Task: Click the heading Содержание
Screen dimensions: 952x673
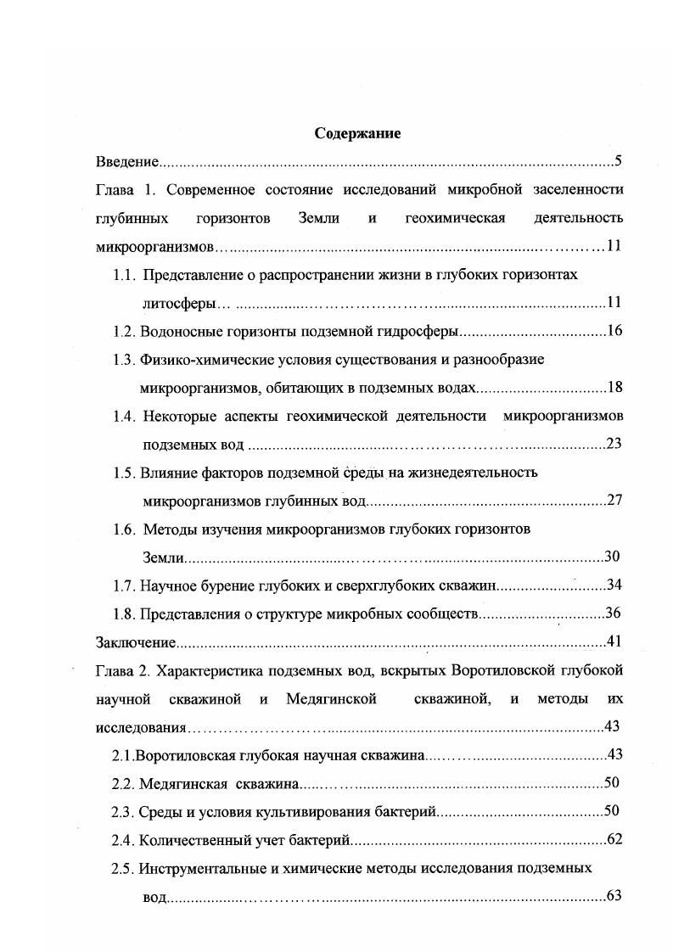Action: pyautogui.click(x=357, y=133)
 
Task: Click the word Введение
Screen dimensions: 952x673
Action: pyautogui.click(x=126, y=161)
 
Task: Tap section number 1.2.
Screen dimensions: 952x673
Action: pyautogui.click(x=124, y=331)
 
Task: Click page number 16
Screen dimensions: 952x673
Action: pyautogui.click(x=615, y=331)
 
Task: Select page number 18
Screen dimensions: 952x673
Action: pyautogui.click(x=615, y=388)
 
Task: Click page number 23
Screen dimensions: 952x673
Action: pyautogui.click(x=615, y=444)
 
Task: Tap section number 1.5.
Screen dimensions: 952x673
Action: pyautogui.click(x=124, y=473)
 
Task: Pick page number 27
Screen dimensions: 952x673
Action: pyautogui.click(x=615, y=501)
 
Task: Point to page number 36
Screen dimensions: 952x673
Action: pyautogui.click(x=615, y=613)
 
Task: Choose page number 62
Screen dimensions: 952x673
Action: pyautogui.click(x=616, y=840)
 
